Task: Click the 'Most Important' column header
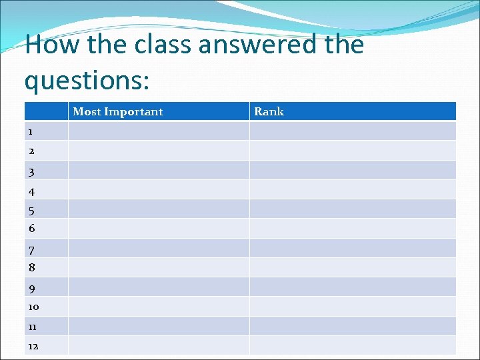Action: click(117, 111)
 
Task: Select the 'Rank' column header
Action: click(269, 111)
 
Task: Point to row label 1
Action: click(31, 131)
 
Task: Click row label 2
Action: click(31, 151)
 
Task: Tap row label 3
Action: click(31, 172)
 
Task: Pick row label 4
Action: click(31, 191)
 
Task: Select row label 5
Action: click(31, 211)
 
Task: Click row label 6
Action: click(31, 228)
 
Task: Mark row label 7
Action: click(31, 250)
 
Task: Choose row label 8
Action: click(31, 267)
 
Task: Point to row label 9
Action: click(31, 289)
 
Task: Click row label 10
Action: click(33, 307)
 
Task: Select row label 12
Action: click(33, 345)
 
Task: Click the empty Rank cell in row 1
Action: click(353, 131)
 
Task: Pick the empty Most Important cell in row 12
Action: click(159, 345)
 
